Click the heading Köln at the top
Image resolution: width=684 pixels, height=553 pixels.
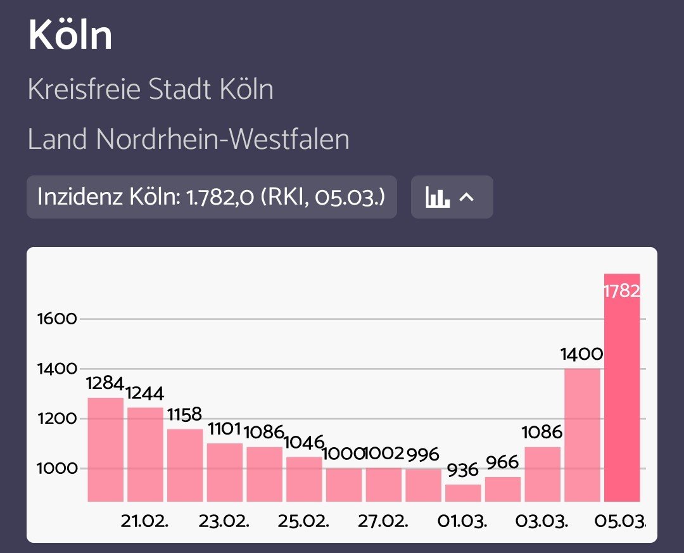pyautogui.click(x=70, y=36)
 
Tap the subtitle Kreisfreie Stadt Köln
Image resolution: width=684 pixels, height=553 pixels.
pyautogui.click(x=151, y=89)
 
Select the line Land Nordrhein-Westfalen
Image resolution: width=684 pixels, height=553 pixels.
pyautogui.click(x=189, y=139)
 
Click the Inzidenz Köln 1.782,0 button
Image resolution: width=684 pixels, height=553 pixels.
pyautogui.click(x=212, y=197)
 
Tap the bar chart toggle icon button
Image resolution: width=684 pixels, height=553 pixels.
pyautogui.click(x=452, y=197)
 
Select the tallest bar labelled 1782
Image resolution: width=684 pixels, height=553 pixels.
pyautogui.click(x=622, y=393)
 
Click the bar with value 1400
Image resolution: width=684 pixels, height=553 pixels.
pyautogui.click(x=582, y=437)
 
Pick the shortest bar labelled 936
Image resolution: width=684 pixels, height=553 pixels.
pyautogui.click(x=463, y=493)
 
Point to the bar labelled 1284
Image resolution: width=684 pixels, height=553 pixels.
pyautogui.click(x=105, y=450)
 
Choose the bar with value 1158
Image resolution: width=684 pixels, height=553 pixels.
pyautogui.click(x=185, y=466)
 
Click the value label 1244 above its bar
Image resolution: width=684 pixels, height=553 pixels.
pyautogui.click(x=145, y=393)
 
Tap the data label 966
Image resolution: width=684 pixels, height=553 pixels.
pyautogui.click(x=503, y=461)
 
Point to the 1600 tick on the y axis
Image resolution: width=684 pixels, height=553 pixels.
pyautogui.click(x=57, y=319)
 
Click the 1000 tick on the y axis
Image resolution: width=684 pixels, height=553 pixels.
pyautogui.click(x=57, y=469)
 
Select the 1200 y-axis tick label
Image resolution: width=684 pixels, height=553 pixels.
pyautogui.click(x=57, y=419)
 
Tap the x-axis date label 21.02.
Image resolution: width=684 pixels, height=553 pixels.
pyautogui.click(x=144, y=522)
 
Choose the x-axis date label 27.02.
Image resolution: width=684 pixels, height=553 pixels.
pyautogui.click(x=383, y=522)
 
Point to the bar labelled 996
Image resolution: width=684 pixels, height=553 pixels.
pyautogui.click(x=423, y=486)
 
